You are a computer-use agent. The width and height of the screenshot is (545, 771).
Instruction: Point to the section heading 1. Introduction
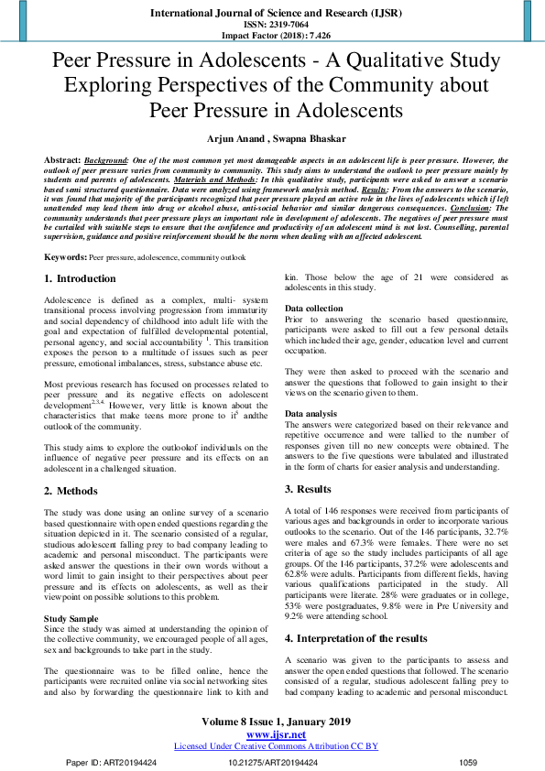point(81,278)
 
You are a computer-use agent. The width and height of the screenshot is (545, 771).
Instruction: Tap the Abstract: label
point(61,158)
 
